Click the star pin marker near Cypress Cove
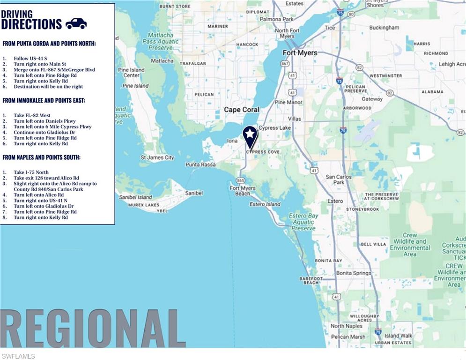(x=250, y=135)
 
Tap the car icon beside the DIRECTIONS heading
(x=76, y=23)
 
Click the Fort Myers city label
(x=300, y=52)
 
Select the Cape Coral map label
(x=241, y=110)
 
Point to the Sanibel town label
(x=194, y=193)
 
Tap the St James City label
(x=157, y=157)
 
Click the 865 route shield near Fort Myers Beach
(x=241, y=180)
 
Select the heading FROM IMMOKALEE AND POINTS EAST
(x=44, y=100)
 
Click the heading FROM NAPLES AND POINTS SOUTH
(x=41, y=157)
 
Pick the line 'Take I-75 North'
(x=31, y=172)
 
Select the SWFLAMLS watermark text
(x=18, y=356)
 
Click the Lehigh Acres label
(x=452, y=64)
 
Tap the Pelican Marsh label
(x=348, y=337)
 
